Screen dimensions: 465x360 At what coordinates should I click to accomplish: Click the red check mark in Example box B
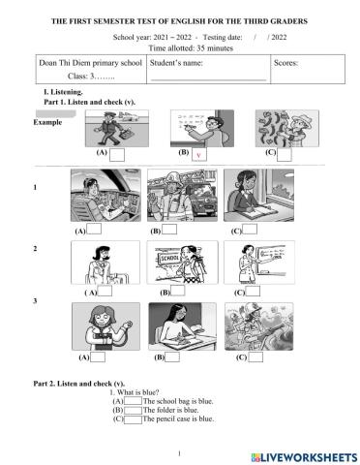pos(198,155)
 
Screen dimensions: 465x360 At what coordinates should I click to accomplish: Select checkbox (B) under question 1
pos(170,231)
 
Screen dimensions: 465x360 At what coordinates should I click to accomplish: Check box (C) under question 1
pos(250,231)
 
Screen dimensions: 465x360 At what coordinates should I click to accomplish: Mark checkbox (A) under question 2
pos(106,291)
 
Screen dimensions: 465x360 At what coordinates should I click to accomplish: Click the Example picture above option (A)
pos(114,127)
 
